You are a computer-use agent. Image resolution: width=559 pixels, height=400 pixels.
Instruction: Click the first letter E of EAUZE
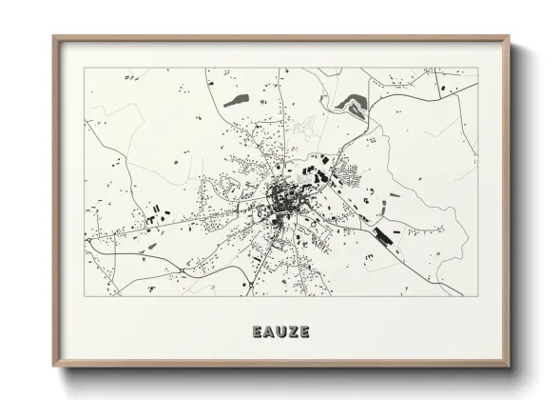(x=258, y=331)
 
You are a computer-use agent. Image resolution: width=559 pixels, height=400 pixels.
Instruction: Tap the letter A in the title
(x=269, y=331)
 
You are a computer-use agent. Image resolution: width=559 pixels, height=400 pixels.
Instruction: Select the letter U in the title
(x=280, y=331)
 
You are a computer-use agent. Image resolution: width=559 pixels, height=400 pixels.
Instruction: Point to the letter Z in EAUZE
(x=292, y=331)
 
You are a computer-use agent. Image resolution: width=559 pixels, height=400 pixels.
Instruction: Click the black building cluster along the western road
(x=157, y=218)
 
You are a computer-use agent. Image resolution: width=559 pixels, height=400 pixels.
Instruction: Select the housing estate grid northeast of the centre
(x=348, y=175)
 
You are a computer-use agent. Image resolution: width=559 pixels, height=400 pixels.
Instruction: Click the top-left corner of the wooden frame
(x=53, y=38)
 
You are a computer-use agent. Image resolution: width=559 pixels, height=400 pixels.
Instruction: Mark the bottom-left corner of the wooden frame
(x=53, y=368)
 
